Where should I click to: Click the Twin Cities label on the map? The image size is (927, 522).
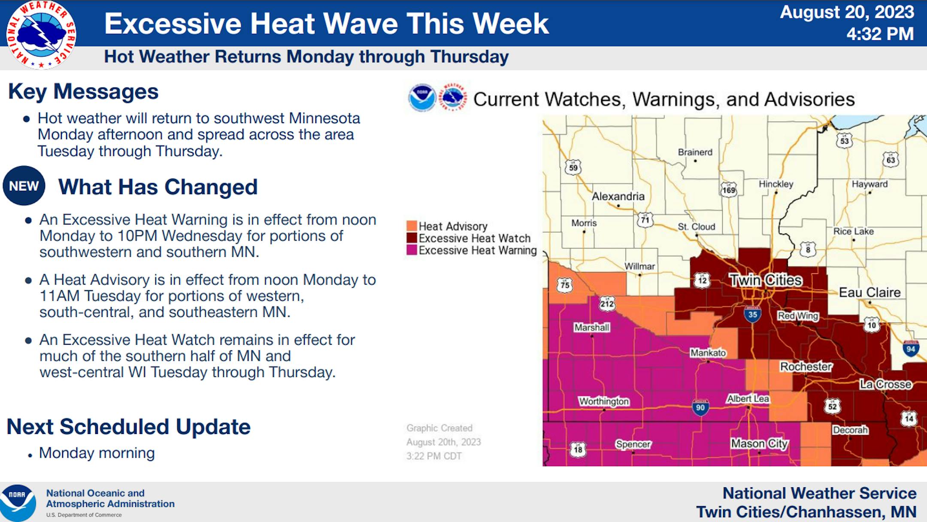pos(766,280)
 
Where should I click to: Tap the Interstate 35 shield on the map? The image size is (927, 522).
pos(752,314)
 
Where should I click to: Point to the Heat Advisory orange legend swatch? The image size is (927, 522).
pos(412,226)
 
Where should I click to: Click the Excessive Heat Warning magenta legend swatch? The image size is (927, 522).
pos(412,250)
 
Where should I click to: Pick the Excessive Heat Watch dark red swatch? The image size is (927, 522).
pos(412,238)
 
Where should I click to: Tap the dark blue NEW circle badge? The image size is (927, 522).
pos(24,186)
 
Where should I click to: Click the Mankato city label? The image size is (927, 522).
pos(708,353)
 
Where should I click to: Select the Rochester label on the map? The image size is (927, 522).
pos(806,367)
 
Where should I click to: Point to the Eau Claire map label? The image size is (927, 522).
pos(870,293)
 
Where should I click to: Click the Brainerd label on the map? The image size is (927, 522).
pos(695,152)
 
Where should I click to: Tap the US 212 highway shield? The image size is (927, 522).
pos(607,304)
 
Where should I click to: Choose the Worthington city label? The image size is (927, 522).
pos(604,401)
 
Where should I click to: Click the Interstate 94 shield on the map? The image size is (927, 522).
pos(911,349)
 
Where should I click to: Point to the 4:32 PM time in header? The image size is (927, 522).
pos(880,34)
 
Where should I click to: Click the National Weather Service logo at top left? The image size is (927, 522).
pos(41,35)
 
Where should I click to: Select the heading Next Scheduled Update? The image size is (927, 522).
pos(129,427)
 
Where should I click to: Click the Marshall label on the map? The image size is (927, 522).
pos(592,328)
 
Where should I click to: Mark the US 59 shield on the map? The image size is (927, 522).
pos(573,167)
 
